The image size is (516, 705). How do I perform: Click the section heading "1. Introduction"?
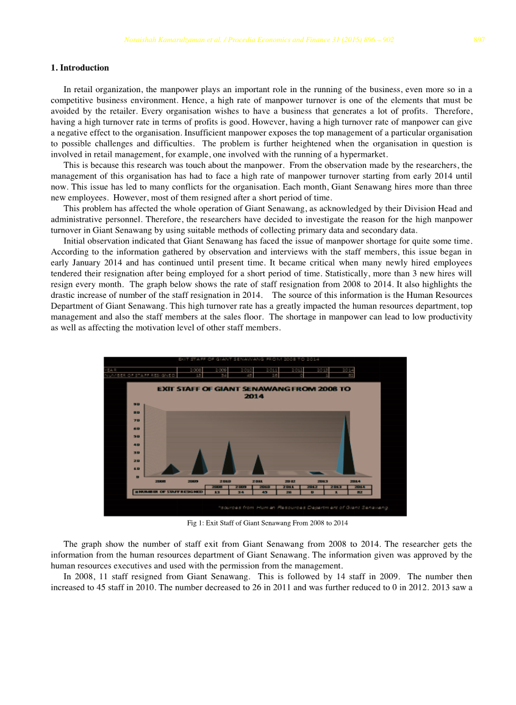[80, 68]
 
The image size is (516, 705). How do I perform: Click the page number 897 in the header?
[479, 40]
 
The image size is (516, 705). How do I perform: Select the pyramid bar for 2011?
[259, 465]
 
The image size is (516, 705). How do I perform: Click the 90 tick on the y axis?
[137, 404]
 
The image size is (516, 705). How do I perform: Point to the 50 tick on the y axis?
[137, 436]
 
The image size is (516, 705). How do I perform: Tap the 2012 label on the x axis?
[290, 481]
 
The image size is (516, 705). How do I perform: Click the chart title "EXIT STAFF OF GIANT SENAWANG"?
[254, 392]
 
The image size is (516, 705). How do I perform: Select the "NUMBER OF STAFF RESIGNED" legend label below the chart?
[169, 491]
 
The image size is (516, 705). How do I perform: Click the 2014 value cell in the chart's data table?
[360, 491]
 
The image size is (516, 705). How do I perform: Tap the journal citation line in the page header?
[259, 40]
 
